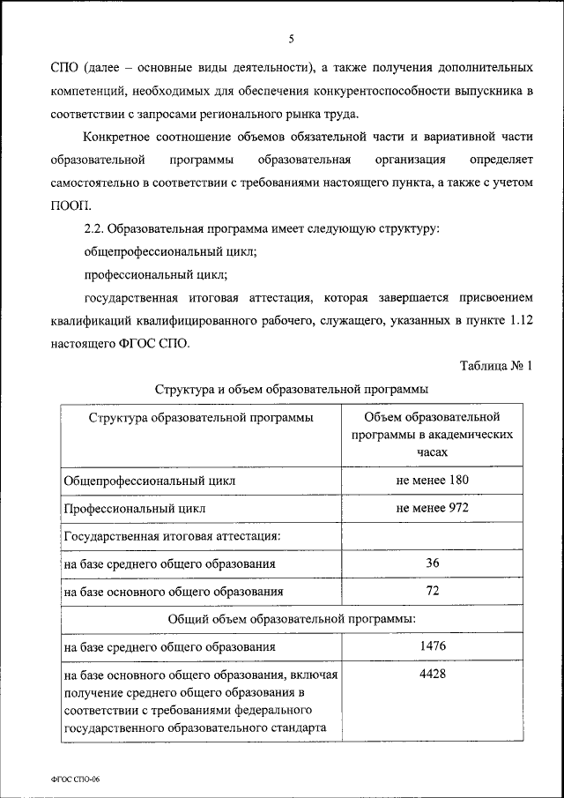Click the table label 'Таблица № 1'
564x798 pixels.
pos(497,366)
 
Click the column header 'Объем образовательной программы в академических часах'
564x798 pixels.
pos(433,433)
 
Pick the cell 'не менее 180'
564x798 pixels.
pos(433,481)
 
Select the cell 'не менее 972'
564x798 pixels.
pos(433,508)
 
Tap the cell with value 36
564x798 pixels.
pos(433,563)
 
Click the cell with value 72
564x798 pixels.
pos(433,590)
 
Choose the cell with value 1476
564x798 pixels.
pos(433,646)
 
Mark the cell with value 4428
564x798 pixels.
pos(433,674)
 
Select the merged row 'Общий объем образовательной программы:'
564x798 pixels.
pos(292,619)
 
